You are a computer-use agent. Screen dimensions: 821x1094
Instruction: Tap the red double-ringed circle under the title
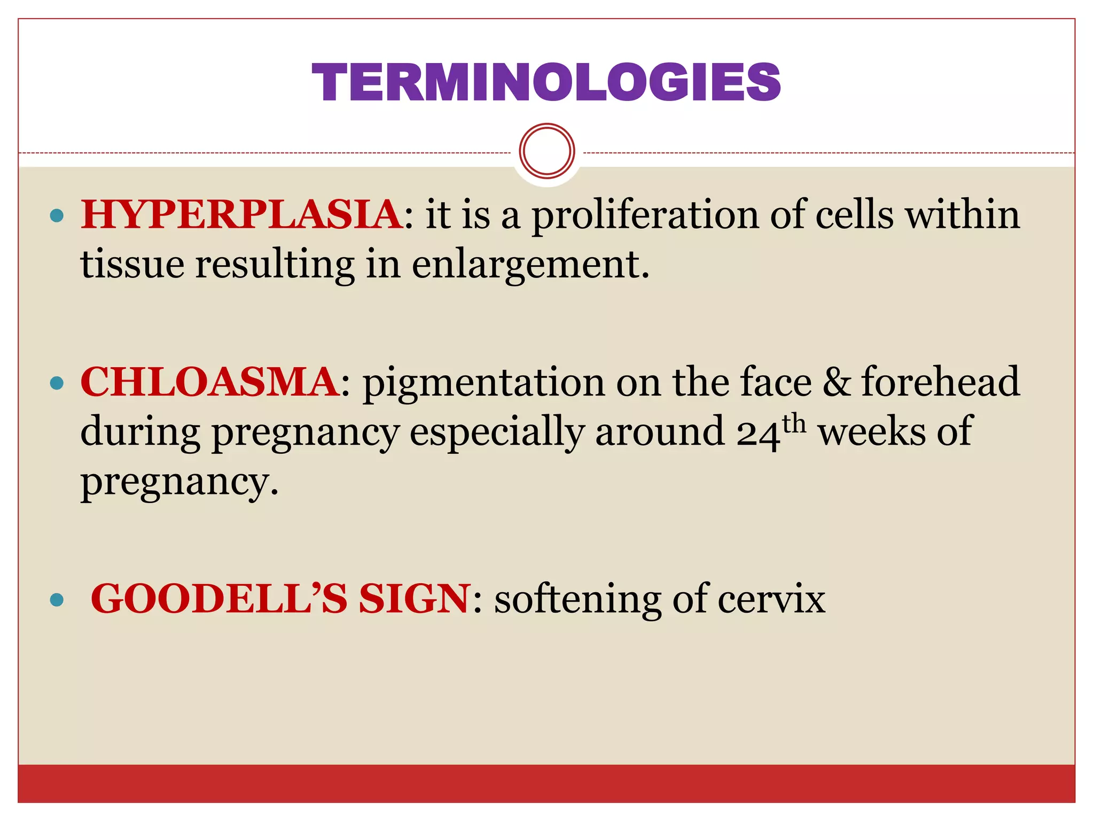click(546, 151)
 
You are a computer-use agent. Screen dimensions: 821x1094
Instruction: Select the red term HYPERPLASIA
click(241, 215)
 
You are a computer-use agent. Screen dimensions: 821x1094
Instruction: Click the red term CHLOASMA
click(209, 382)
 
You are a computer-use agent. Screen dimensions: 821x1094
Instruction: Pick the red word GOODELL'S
click(219, 599)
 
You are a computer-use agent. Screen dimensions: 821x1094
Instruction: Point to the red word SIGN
click(415, 599)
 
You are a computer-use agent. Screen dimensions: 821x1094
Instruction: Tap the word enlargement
click(531, 265)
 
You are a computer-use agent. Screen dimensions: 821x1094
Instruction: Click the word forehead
click(941, 382)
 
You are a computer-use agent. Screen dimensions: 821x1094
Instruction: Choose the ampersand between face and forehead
click(837, 382)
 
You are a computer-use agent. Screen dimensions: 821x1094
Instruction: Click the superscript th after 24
click(794, 423)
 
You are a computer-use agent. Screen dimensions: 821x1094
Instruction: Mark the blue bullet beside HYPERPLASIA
click(56, 216)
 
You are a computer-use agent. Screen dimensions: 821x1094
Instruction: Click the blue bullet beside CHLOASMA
click(56, 383)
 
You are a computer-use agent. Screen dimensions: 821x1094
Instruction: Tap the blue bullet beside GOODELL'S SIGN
click(56, 600)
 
